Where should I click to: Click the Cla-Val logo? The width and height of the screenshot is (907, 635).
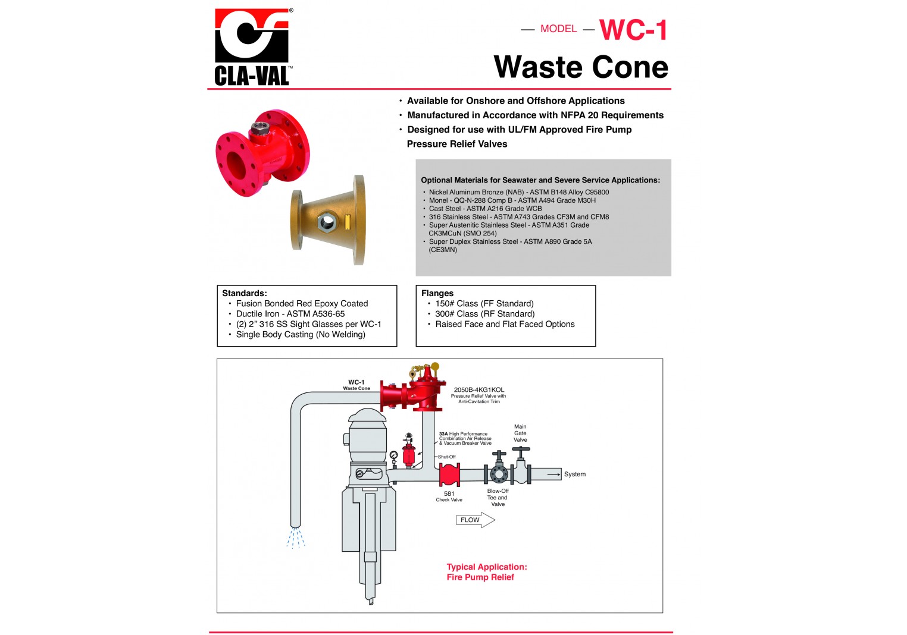pyautogui.click(x=252, y=47)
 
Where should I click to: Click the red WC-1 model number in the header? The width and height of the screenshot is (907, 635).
pyautogui.click(x=633, y=30)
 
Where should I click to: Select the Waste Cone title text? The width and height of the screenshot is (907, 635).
pyautogui.click(x=581, y=67)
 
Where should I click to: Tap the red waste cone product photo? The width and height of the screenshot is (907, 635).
pyautogui.click(x=262, y=152)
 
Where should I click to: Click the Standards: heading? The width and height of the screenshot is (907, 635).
pyautogui.click(x=245, y=293)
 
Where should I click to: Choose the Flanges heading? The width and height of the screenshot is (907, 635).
pyautogui.click(x=437, y=293)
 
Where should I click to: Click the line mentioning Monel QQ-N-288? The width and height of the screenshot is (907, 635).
pyautogui.click(x=512, y=200)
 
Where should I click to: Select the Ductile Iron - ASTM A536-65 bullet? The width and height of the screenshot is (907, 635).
pyautogui.click(x=290, y=314)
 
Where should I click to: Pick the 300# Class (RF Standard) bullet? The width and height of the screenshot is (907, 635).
pyautogui.click(x=484, y=314)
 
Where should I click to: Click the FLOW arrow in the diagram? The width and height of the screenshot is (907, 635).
pyautogui.click(x=475, y=520)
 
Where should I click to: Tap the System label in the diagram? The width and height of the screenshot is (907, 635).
pyautogui.click(x=574, y=474)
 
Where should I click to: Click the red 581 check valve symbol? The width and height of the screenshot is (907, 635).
pyautogui.click(x=449, y=475)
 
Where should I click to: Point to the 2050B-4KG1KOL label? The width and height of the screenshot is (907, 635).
pyautogui.click(x=478, y=390)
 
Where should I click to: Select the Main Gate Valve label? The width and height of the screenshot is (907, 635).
pyautogui.click(x=520, y=433)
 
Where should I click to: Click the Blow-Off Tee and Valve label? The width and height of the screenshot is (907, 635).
pyautogui.click(x=498, y=498)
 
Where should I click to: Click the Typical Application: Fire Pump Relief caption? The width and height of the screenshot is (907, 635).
pyautogui.click(x=486, y=572)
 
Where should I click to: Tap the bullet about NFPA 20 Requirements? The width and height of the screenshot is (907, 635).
pyautogui.click(x=535, y=115)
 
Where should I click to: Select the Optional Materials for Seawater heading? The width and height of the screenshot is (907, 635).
pyautogui.click(x=540, y=180)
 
